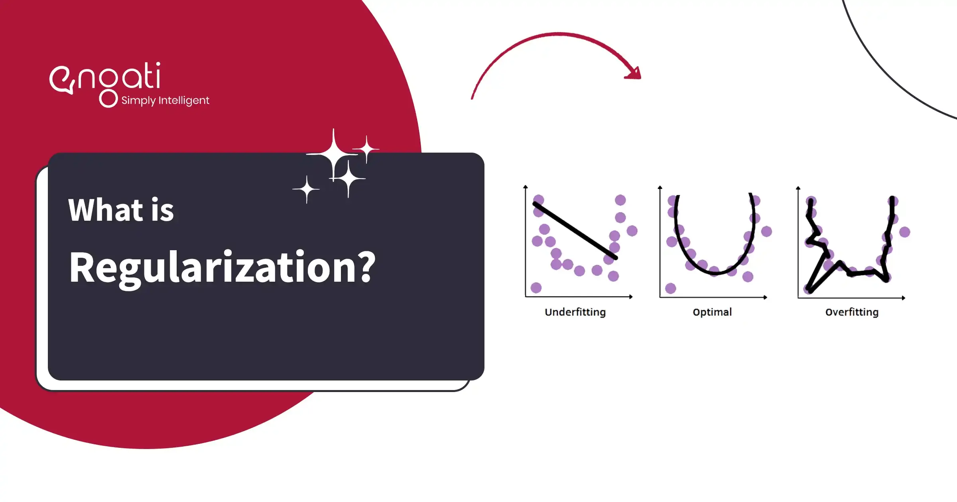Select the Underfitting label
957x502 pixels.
[x=575, y=312]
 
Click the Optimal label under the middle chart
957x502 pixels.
[x=712, y=312]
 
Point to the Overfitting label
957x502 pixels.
[x=852, y=312]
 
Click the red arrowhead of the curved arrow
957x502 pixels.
[x=634, y=73]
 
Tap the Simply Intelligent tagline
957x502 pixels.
[x=165, y=100]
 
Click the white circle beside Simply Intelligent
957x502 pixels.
[x=108, y=98]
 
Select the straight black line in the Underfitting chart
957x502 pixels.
[x=575, y=231]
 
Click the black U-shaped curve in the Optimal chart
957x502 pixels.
[x=715, y=273]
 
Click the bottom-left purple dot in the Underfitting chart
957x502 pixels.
[x=536, y=288]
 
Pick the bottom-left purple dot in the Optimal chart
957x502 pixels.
[x=671, y=288]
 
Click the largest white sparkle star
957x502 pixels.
[x=333, y=155]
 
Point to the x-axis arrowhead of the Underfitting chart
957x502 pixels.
[x=631, y=296]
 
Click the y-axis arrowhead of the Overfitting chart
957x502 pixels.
[x=798, y=188]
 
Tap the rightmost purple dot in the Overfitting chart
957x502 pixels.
[x=905, y=232]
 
